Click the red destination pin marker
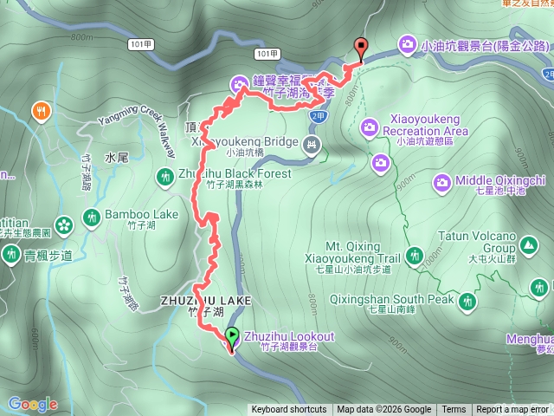pyautogui.click(x=360, y=49)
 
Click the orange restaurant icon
pyautogui.click(x=40, y=110)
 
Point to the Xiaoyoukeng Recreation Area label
pyautogui.click(x=424, y=125)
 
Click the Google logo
pyautogui.click(x=32, y=404)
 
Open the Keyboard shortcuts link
pyautogui.click(x=289, y=410)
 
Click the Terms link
pyautogui.click(x=454, y=410)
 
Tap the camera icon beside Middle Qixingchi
pyautogui.click(x=441, y=182)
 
